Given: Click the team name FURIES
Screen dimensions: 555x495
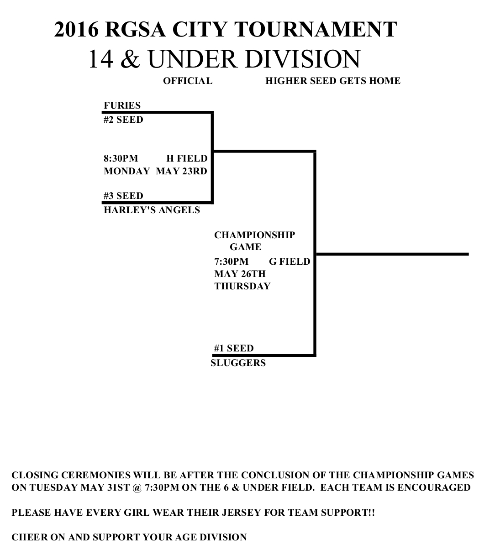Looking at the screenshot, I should coord(122,105).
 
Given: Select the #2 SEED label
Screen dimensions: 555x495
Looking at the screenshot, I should coord(123,120).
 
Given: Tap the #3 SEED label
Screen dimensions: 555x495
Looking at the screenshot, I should coord(123,196).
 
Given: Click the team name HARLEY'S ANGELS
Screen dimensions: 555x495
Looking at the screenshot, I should coord(152,210).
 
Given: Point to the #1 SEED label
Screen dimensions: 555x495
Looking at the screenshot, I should coord(234,348).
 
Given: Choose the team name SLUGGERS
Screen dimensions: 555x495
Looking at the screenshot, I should coord(238,363).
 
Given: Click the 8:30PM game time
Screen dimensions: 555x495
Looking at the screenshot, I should coord(121,158).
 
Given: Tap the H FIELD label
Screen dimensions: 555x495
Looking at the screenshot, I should coord(187,158).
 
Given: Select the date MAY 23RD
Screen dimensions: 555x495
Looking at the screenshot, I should coord(181,171).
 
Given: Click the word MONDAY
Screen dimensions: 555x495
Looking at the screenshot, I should coord(126,171).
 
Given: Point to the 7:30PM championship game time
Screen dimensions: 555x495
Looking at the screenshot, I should coord(232,262).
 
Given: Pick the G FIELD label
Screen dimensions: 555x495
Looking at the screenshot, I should coord(290,262).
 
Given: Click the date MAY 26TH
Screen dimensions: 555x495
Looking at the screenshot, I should coord(240,274).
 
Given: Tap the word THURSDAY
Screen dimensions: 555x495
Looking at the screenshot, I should coord(242,286).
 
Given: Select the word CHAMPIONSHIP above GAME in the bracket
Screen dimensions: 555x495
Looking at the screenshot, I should coord(255,235).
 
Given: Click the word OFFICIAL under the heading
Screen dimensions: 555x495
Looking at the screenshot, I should coord(188,81).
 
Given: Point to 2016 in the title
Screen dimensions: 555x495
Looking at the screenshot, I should coord(76,30).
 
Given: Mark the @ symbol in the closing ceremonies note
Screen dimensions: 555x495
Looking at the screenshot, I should coord(137,487).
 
